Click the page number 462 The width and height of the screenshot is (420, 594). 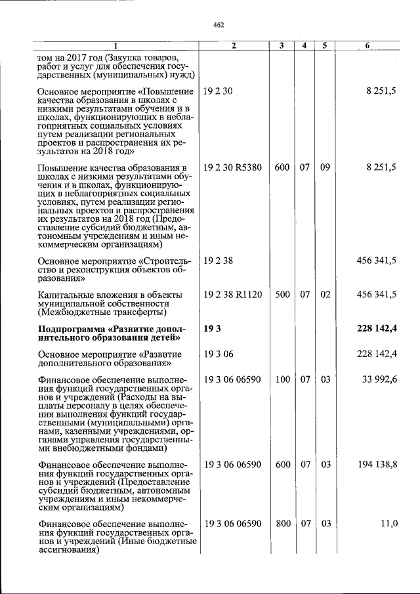pyautogui.click(x=219, y=25)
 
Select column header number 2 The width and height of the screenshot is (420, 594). pyautogui.click(x=233, y=45)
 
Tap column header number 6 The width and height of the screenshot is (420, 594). pyautogui.click(x=367, y=45)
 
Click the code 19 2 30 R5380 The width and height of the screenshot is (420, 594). pyautogui.click(x=232, y=168)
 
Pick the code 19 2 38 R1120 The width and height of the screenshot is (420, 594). pyautogui.click(x=232, y=295)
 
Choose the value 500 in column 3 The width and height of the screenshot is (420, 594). pyautogui.click(x=282, y=295)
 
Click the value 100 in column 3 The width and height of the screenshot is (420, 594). pyautogui.click(x=282, y=379)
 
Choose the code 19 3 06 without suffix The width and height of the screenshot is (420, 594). pyautogui.click(x=215, y=354)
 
